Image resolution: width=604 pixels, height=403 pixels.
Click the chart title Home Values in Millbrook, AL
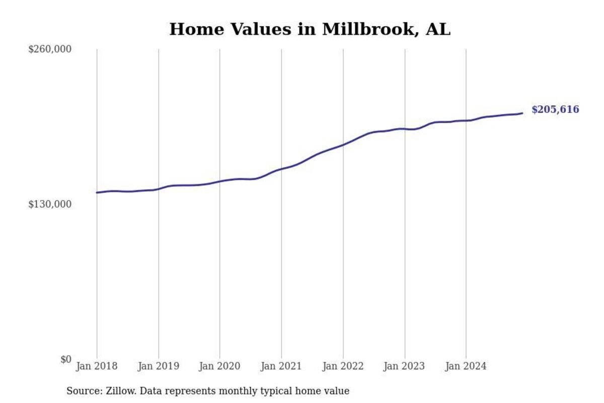(x=310, y=29)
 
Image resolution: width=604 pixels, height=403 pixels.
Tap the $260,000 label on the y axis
(x=50, y=49)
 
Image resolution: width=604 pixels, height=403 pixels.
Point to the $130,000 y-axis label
(x=50, y=204)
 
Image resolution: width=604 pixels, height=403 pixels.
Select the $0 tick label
(x=66, y=359)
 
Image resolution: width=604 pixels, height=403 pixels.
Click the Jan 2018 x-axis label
(x=97, y=366)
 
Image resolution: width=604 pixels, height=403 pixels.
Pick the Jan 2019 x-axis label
(x=158, y=366)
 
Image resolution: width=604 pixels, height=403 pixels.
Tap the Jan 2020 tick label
(x=219, y=366)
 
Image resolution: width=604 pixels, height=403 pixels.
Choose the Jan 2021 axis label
(x=281, y=366)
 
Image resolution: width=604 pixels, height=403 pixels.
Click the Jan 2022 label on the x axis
(x=343, y=366)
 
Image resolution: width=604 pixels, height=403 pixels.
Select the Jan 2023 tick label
(x=404, y=366)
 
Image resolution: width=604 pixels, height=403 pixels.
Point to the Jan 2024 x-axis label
(x=466, y=366)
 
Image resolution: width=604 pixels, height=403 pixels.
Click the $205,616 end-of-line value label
(x=555, y=110)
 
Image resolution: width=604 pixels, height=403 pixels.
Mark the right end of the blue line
(x=522, y=113)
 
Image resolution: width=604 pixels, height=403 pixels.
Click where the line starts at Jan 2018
(x=97, y=192)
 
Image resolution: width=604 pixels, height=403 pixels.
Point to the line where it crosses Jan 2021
(x=281, y=169)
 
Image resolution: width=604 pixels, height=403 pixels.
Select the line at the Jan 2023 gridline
(x=405, y=129)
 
